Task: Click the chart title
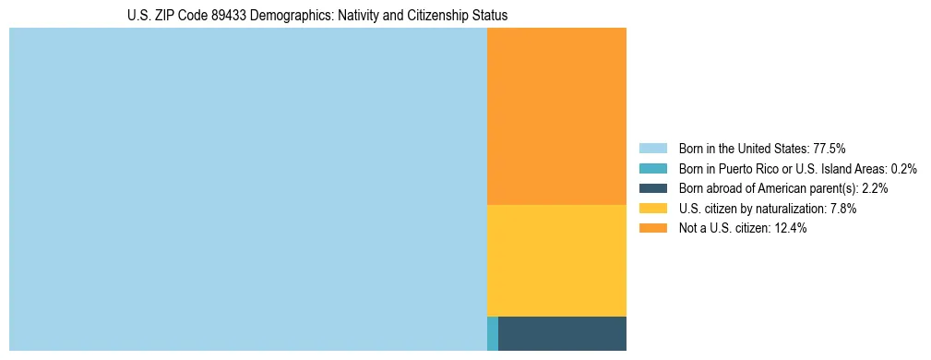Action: (x=317, y=16)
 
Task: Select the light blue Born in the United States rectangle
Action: (x=247, y=189)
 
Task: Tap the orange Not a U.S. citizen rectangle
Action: (x=556, y=115)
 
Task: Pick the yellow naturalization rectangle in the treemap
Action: (x=556, y=260)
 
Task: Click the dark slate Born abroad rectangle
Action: (x=562, y=333)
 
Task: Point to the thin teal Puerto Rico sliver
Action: (x=493, y=333)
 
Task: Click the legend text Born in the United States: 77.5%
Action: (x=762, y=148)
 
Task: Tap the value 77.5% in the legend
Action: (x=830, y=148)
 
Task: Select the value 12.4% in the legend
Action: (x=791, y=229)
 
